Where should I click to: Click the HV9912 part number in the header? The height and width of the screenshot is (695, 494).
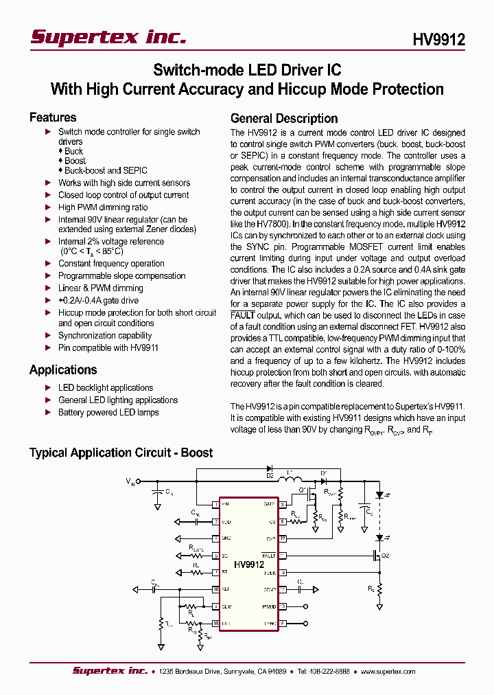[438, 39]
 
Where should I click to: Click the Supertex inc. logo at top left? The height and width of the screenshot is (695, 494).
[108, 37]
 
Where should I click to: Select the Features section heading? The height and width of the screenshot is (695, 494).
[53, 117]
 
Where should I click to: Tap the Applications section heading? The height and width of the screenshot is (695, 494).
[63, 370]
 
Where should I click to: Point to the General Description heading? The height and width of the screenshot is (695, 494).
[284, 118]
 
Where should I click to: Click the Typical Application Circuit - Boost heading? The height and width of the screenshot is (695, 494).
[121, 453]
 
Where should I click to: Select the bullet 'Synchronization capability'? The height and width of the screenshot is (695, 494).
[105, 336]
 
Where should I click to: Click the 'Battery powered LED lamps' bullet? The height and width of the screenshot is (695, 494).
[108, 413]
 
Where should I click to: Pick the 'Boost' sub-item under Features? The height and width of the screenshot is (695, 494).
[75, 161]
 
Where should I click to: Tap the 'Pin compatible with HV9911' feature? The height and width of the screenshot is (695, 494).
[108, 348]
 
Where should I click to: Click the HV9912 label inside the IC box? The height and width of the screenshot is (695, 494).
[248, 565]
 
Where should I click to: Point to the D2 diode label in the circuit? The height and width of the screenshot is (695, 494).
[270, 475]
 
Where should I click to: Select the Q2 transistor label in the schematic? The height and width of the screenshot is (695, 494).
[385, 556]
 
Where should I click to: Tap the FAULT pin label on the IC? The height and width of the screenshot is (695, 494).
[269, 556]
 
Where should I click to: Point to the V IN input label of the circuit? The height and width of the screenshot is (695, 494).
[130, 482]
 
